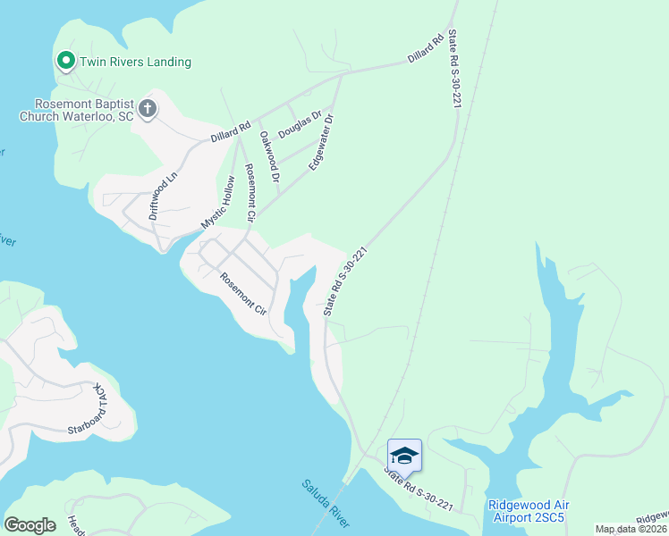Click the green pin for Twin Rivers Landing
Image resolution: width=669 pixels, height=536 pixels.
tap(65, 61)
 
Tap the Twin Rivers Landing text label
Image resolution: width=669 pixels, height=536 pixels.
tap(135, 62)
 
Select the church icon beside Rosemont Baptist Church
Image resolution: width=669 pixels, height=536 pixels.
tap(148, 110)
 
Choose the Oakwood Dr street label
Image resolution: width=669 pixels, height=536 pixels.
tap(269, 157)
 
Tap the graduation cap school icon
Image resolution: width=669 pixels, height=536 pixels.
tap(404, 456)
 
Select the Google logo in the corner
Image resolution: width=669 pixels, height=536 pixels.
tap(30, 525)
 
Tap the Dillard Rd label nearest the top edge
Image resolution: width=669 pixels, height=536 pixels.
tap(426, 48)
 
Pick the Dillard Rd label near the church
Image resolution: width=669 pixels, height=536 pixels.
tap(230, 132)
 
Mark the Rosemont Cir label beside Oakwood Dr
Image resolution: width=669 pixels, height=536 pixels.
tap(251, 193)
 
